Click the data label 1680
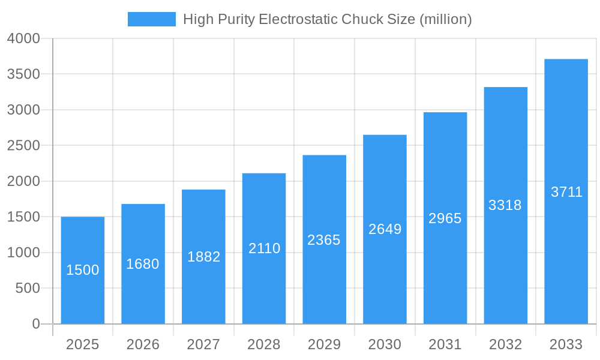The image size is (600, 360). [143, 264]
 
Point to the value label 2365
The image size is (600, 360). [324, 240]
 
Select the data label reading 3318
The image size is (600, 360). [505, 205]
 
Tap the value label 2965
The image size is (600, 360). [445, 218]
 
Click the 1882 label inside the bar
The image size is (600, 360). [204, 257]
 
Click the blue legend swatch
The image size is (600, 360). [152, 19]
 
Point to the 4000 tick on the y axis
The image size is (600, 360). [23, 38]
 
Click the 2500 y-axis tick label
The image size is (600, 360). [23, 146]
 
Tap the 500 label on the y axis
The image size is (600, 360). [28, 289]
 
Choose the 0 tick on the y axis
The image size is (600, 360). [35, 324]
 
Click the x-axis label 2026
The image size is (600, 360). [143, 344]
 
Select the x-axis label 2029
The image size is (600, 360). [324, 344]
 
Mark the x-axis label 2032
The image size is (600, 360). [505, 344]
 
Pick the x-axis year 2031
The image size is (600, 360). [445, 344]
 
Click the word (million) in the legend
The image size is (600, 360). [446, 19]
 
